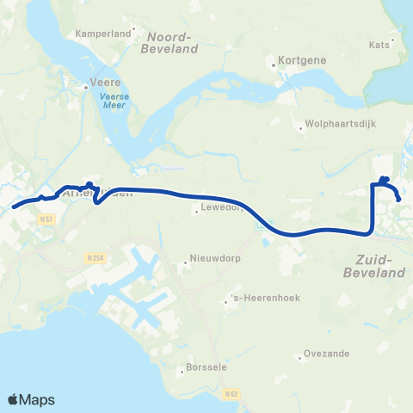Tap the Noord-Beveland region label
(172, 43)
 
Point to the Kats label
(379, 45)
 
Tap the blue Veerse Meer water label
(114, 102)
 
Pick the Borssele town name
(206, 373)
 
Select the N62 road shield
(228, 394)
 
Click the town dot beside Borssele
(182, 373)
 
